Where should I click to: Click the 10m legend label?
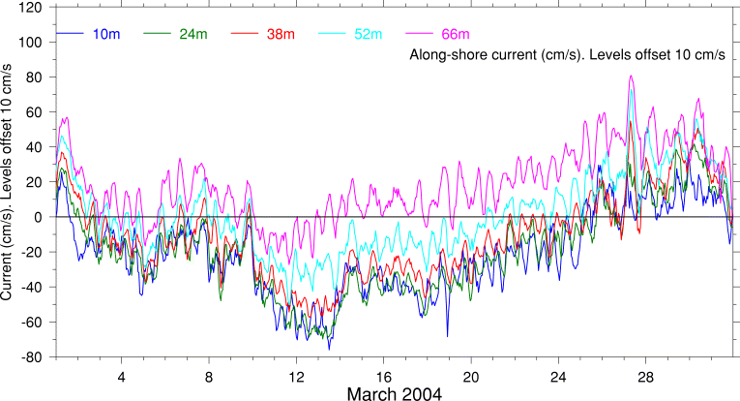[106, 35]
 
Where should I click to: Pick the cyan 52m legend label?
[366, 35]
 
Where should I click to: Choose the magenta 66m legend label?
[453, 35]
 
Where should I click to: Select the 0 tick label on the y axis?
[40, 217]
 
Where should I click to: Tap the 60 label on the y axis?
[36, 112]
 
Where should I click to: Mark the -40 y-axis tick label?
[32, 288]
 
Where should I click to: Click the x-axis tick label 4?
[121, 376]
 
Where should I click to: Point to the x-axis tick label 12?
[296, 376]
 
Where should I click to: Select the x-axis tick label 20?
[471, 376]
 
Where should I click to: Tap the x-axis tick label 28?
[646, 376]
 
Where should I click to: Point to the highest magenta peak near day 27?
[631, 76]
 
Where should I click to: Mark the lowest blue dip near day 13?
[329, 349]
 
